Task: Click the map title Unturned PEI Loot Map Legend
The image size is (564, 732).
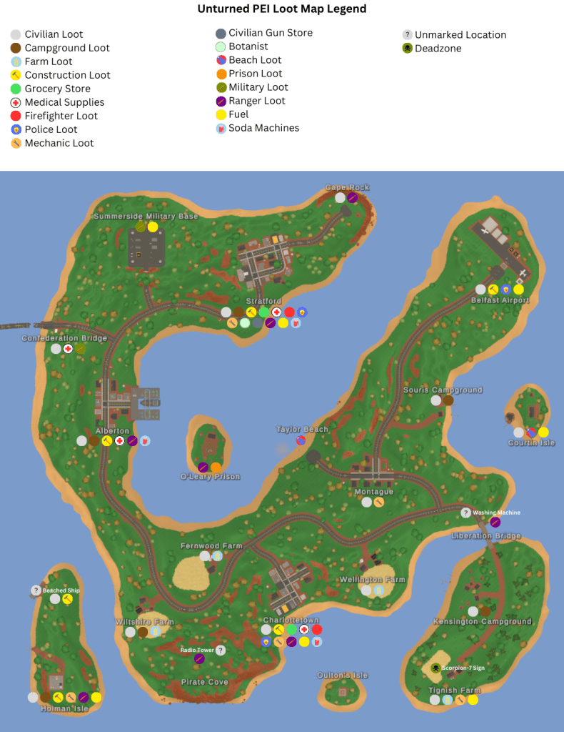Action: pos(281,9)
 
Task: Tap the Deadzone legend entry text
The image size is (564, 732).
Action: pos(438,49)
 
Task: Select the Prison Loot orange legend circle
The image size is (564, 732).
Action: pos(221,74)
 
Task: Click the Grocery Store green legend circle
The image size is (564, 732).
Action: pos(16,89)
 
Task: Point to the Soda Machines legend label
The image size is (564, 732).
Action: pos(263,128)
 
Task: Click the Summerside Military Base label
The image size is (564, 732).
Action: pos(146,216)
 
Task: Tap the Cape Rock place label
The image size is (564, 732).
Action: pos(348,187)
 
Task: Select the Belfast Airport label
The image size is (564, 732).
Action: pos(500,300)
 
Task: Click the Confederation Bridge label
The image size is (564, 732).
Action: pos(64,338)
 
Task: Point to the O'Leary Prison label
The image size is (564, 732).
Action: pos(210,477)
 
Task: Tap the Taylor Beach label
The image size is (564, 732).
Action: pos(302,430)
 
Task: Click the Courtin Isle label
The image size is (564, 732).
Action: pos(531,443)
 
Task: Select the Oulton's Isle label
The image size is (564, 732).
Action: pos(343,676)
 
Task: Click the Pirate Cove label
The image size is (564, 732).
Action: pos(204,682)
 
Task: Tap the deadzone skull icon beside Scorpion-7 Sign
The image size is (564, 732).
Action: pos(435,668)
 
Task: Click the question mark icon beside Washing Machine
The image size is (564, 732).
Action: pos(465,513)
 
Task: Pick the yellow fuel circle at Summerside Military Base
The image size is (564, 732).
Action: pos(153,227)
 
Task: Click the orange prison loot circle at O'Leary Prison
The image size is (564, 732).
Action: pos(216,467)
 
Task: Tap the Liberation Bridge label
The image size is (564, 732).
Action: pos(486,536)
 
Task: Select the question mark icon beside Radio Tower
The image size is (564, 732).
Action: pos(221,651)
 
